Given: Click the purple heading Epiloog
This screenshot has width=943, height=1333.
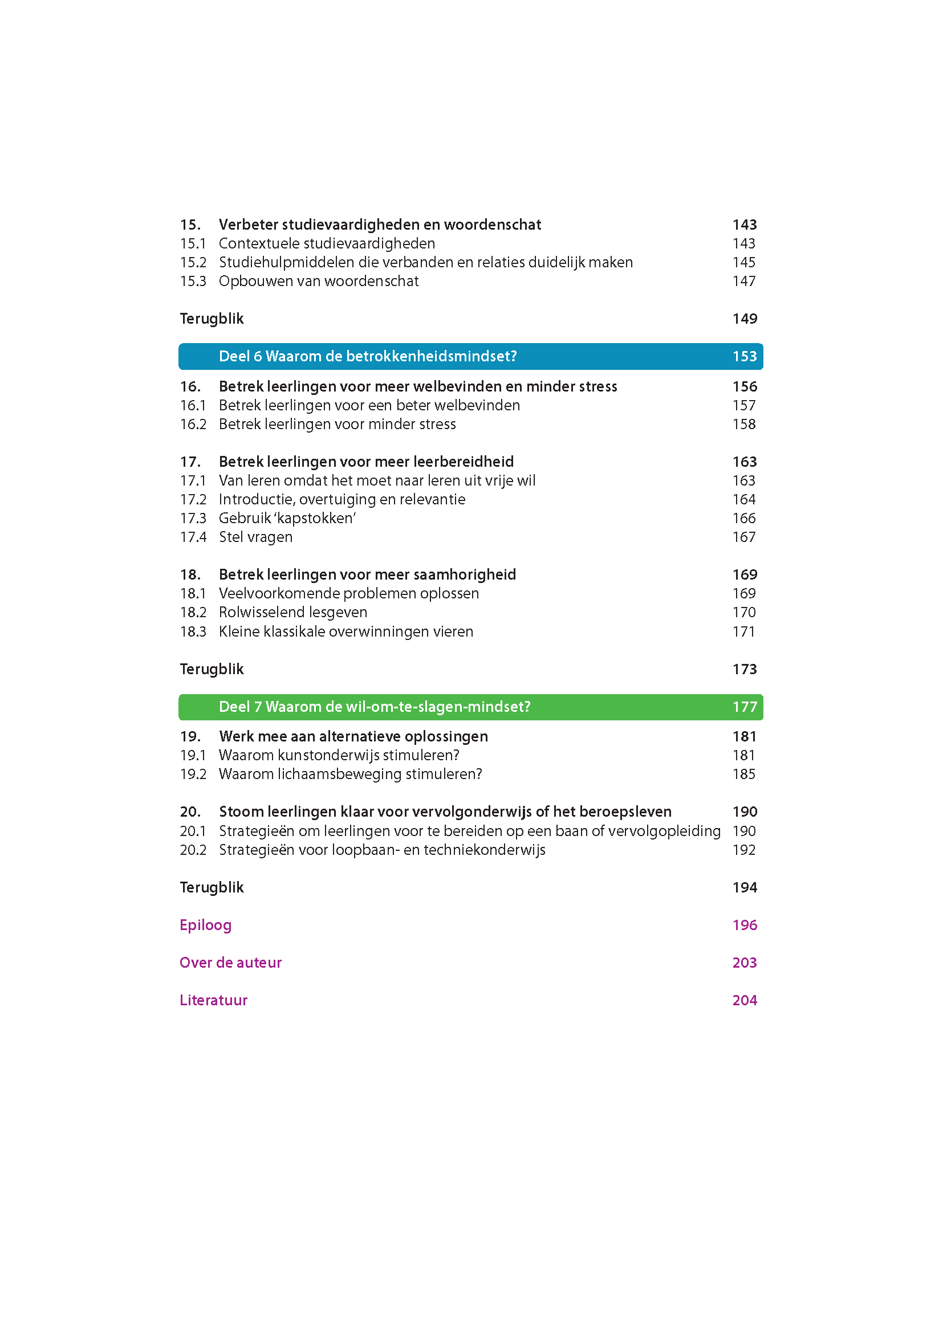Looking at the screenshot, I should (206, 925).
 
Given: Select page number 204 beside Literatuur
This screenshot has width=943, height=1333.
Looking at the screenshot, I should (745, 1000).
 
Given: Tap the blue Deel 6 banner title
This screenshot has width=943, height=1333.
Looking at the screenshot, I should (368, 356).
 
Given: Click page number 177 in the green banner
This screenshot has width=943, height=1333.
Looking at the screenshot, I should (745, 707).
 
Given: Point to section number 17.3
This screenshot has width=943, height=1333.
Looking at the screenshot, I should (193, 518).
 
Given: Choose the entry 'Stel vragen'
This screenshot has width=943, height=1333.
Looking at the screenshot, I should (255, 537).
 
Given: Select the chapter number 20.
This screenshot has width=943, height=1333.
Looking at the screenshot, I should (190, 812).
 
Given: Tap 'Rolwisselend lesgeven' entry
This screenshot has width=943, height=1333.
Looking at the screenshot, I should (292, 613).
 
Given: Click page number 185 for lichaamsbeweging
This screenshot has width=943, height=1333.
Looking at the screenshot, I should (744, 774).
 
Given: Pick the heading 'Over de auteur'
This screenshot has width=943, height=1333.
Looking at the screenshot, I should (230, 963).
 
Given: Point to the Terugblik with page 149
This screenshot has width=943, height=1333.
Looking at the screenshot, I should (212, 319).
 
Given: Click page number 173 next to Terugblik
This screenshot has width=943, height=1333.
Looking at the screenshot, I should (745, 669).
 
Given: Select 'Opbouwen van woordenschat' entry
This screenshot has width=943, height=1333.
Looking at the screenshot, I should (318, 281).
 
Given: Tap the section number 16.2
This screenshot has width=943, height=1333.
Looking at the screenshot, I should (193, 425).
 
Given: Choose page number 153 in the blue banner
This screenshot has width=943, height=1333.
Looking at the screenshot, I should (745, 356).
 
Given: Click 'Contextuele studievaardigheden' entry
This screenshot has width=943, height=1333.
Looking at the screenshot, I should (326, 243).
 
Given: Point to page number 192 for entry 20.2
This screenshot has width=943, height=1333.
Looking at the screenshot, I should (744, 850).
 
